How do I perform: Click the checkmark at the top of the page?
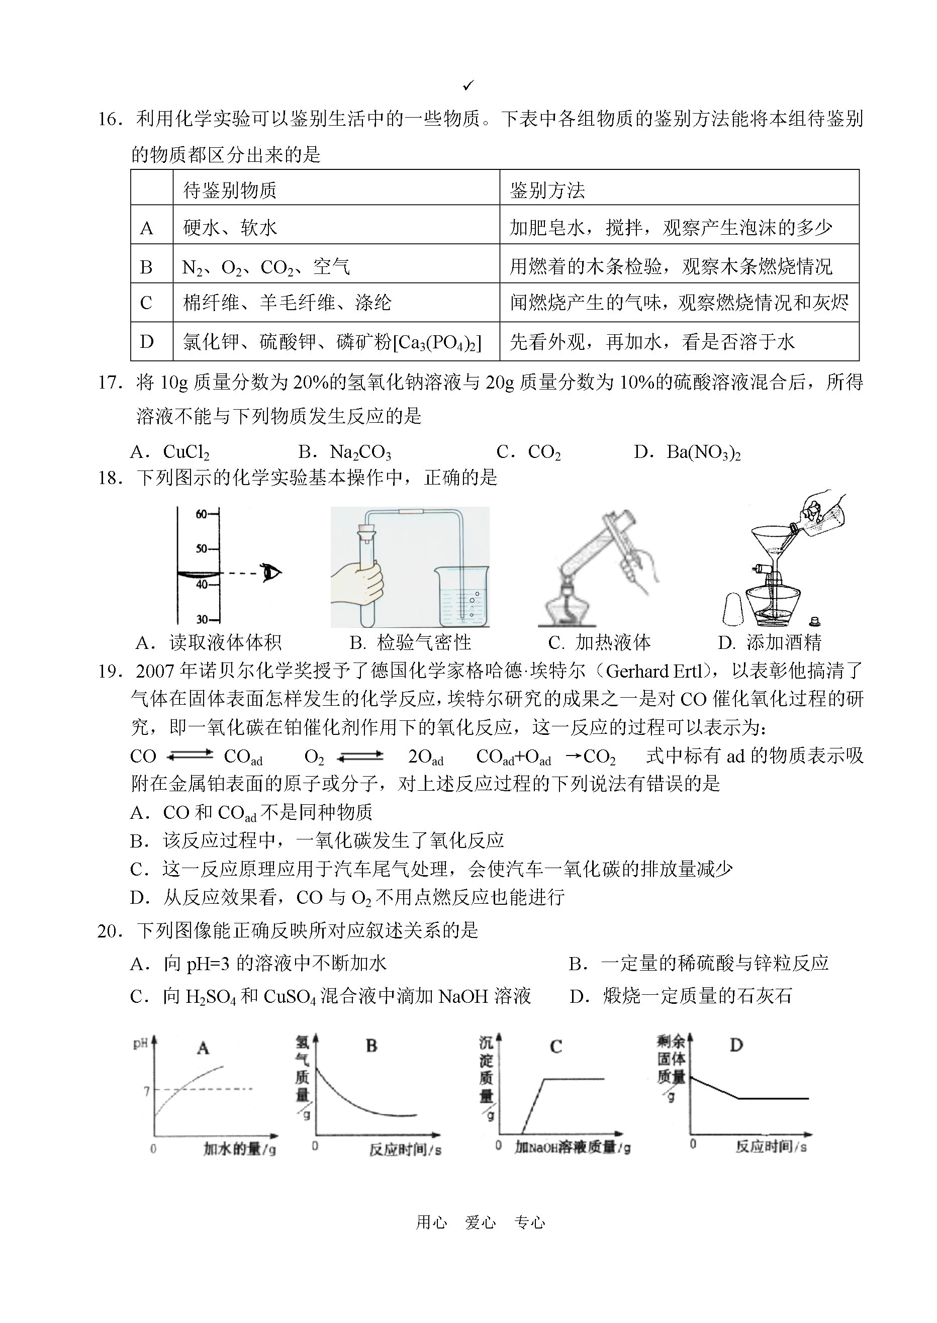(468, 86)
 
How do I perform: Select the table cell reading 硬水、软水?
(230, 227)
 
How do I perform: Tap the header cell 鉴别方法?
(547, 190)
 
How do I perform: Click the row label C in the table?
(147, 302)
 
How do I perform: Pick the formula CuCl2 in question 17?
(186, 452)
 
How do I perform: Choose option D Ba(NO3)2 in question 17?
(703, 452)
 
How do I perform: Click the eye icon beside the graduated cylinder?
(270, 573)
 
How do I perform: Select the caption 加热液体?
(613, 642)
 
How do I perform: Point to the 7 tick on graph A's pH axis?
(147, 1090)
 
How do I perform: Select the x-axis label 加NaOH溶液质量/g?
(573, 1147)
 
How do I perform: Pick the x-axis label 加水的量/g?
(239, 1148)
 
